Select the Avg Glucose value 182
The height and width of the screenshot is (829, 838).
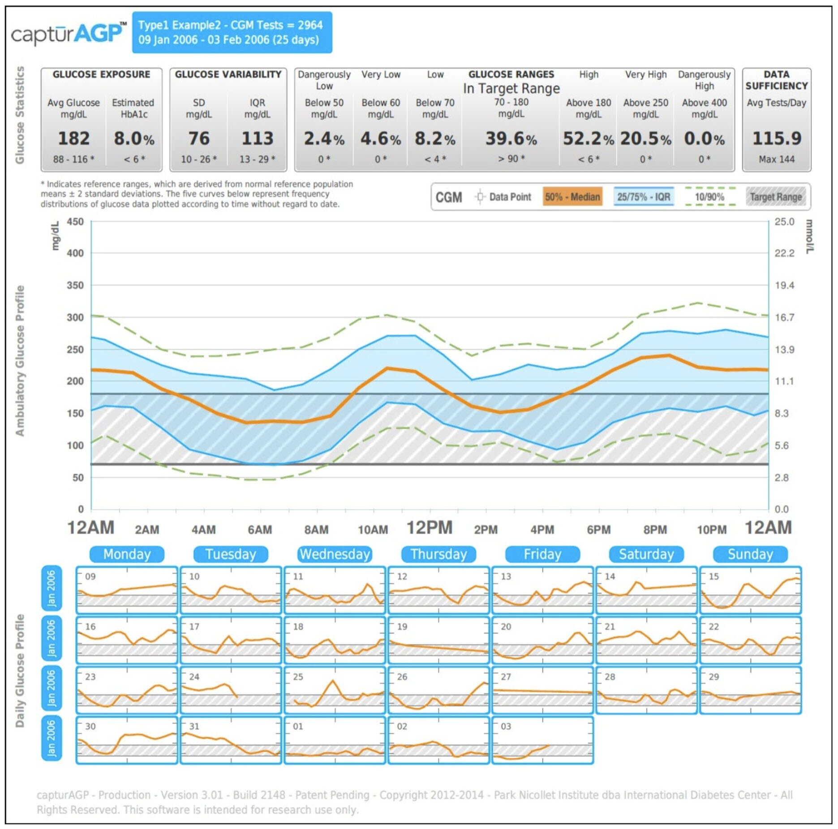[74, 139]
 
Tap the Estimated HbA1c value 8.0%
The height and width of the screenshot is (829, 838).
[134, 139]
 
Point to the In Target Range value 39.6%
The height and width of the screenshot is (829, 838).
[511, 139]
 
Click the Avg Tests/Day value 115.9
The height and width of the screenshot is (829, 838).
[777, 139]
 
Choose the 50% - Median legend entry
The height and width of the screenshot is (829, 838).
[572, 197]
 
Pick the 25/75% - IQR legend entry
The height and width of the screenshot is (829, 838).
[644, 197]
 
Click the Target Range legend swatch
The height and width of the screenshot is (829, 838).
[776, 197]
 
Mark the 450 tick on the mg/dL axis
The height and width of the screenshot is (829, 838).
[75, 222]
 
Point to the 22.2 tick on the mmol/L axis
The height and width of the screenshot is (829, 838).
[784, 253]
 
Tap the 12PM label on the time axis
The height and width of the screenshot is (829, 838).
[429, 528]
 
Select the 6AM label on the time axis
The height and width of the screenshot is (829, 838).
[260, 530]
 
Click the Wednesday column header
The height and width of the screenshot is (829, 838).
[335, 554]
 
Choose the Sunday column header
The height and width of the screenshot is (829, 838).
[750, 554]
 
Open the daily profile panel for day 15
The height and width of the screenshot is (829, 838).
[750, 590]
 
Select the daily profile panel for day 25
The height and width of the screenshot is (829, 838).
[335, 690]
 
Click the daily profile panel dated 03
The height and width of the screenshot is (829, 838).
[542, 740]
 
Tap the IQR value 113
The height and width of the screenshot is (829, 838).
[257, 139]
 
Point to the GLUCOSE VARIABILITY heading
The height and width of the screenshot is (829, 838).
[228, 74]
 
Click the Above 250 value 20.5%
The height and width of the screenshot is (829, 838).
[645, 139]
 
